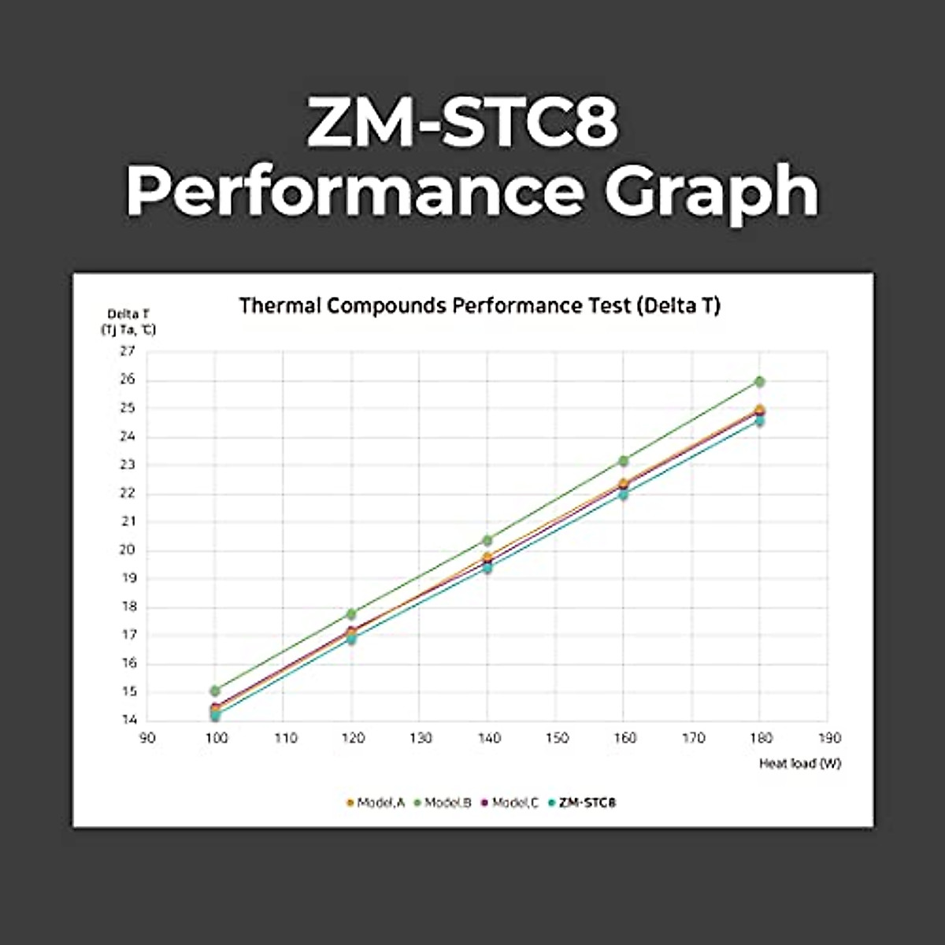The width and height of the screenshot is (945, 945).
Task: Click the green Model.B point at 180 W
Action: pos(760,381)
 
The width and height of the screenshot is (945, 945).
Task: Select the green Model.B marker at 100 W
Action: pos(215,691)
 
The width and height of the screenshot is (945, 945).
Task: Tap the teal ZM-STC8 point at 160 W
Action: pos(624,495)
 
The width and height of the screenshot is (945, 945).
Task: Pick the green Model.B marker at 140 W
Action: pos(487,540)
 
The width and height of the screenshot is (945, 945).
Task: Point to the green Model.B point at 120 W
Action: pos(351,613)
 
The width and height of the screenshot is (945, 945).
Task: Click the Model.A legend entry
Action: pos(376,802)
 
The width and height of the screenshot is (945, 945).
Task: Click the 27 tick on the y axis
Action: pos(128,351)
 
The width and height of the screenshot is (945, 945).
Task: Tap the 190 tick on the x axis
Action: pos(829,738)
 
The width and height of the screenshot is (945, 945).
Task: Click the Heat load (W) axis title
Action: pos(799,763)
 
